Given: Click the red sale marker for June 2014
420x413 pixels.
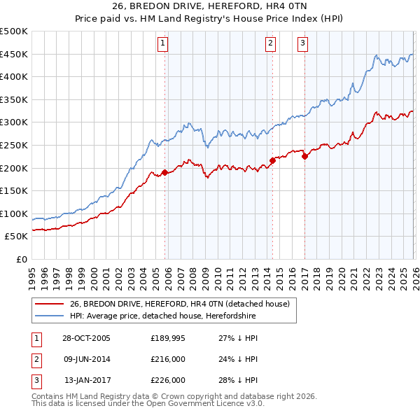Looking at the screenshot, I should [272, 160].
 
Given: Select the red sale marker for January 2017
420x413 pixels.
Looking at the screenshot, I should [304, 157].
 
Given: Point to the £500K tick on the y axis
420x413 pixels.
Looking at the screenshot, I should [14, 31].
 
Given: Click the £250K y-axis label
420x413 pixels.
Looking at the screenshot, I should [14, 145].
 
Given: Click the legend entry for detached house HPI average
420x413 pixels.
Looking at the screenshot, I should [162, 316].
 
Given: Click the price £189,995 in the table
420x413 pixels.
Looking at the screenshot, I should [167, 338].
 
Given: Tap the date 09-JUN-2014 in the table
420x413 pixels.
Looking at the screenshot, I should [86, 359].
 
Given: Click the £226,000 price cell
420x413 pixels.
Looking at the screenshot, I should [167, 380].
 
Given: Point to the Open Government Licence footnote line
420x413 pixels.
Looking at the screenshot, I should [148, 405].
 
